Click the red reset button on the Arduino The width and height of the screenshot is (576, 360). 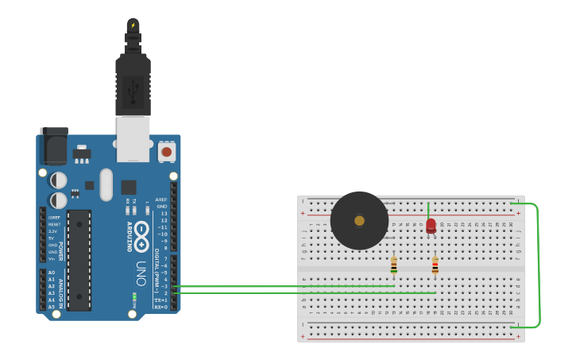click(x=166, y=151)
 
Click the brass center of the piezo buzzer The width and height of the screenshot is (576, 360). click(x=359, y=221)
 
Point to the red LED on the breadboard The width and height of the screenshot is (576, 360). click(x=431, y=226)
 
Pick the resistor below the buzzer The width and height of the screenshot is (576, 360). click(x=393, y=265)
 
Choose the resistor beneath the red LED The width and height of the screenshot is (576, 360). click(x=435, y=265)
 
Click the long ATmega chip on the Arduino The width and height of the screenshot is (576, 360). click(x=79, y=260)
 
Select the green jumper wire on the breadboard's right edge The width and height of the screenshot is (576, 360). click(x=537, y=265)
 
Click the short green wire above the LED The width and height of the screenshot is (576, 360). click(x=428, y=210)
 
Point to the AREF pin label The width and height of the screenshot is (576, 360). click(x=161, y=199)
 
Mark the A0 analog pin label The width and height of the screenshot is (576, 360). click(x=52, y=273)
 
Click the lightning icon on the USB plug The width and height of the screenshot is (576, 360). click(x=133, y=25)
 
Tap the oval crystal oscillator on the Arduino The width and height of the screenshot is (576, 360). click(x=106, y=184)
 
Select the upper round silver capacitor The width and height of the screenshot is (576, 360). click(x=59, y=180)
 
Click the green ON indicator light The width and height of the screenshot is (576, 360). click(x=134, y=296)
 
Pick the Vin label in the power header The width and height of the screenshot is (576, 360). click(x=52, y=258)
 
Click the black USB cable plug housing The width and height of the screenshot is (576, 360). click(x=133, y=83)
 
